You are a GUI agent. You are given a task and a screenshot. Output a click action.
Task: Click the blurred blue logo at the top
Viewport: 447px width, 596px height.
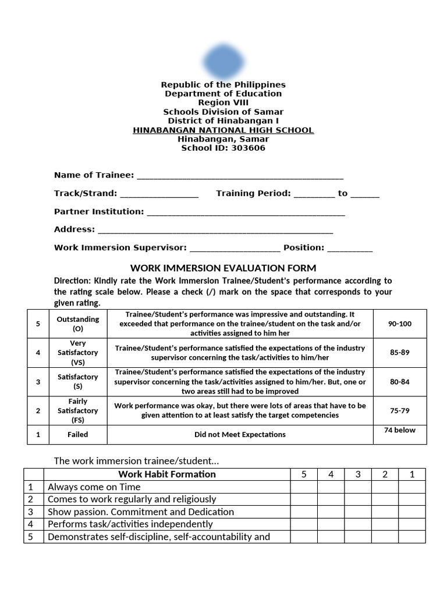223,61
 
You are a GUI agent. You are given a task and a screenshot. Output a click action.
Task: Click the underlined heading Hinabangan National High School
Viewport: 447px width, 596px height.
223,130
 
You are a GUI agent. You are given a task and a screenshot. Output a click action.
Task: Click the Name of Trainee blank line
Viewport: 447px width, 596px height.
239,176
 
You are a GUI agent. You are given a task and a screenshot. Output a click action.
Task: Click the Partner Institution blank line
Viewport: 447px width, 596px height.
246,212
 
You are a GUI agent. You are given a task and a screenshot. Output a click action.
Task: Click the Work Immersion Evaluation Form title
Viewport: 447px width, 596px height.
223,268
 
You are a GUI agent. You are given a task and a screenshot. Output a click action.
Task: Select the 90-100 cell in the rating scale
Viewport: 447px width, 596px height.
399,324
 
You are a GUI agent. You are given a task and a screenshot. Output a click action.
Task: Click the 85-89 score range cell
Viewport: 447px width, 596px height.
399,353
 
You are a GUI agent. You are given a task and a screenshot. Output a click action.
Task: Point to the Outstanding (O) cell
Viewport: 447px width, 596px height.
78,324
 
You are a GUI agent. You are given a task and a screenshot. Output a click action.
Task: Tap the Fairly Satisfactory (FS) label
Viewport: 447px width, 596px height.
78,410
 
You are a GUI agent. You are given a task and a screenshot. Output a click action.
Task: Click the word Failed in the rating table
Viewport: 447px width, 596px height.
78,434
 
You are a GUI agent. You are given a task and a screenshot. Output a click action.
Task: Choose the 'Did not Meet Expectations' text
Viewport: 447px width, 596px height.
240,434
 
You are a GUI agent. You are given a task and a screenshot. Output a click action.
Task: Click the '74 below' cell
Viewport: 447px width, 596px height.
399,430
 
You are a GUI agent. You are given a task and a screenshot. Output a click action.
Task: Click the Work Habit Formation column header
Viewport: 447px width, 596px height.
167,474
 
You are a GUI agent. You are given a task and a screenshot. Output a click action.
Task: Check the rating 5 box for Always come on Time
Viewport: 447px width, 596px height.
304,487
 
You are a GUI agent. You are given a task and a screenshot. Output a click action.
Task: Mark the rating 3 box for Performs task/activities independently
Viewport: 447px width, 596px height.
358,524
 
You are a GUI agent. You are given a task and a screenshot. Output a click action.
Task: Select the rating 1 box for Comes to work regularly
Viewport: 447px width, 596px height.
412,499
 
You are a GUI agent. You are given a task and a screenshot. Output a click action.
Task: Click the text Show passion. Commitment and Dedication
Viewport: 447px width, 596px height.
141,512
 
